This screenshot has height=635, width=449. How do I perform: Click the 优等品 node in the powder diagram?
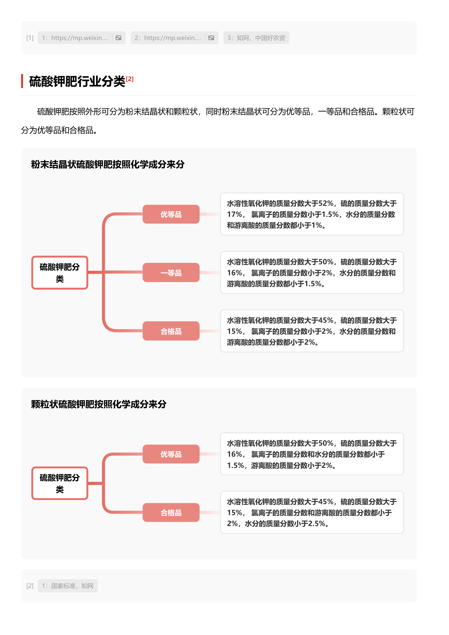click(x=171, y=214)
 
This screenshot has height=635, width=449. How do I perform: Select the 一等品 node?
click(x=171, y=273)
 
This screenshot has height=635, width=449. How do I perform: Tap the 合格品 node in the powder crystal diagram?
click(x=171, y=331)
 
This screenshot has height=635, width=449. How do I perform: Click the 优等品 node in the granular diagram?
click(x=171, y=454)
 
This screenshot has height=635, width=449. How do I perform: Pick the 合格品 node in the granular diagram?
click(x=171, y=512)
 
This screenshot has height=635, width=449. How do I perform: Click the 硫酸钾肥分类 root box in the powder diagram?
click(x=60, y=273)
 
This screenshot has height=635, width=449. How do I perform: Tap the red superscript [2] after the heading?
click(x=130, y=79)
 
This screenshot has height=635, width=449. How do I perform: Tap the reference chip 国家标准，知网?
click(x=68, y=586)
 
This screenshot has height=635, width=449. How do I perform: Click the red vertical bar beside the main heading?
click(x=22, y=81)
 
